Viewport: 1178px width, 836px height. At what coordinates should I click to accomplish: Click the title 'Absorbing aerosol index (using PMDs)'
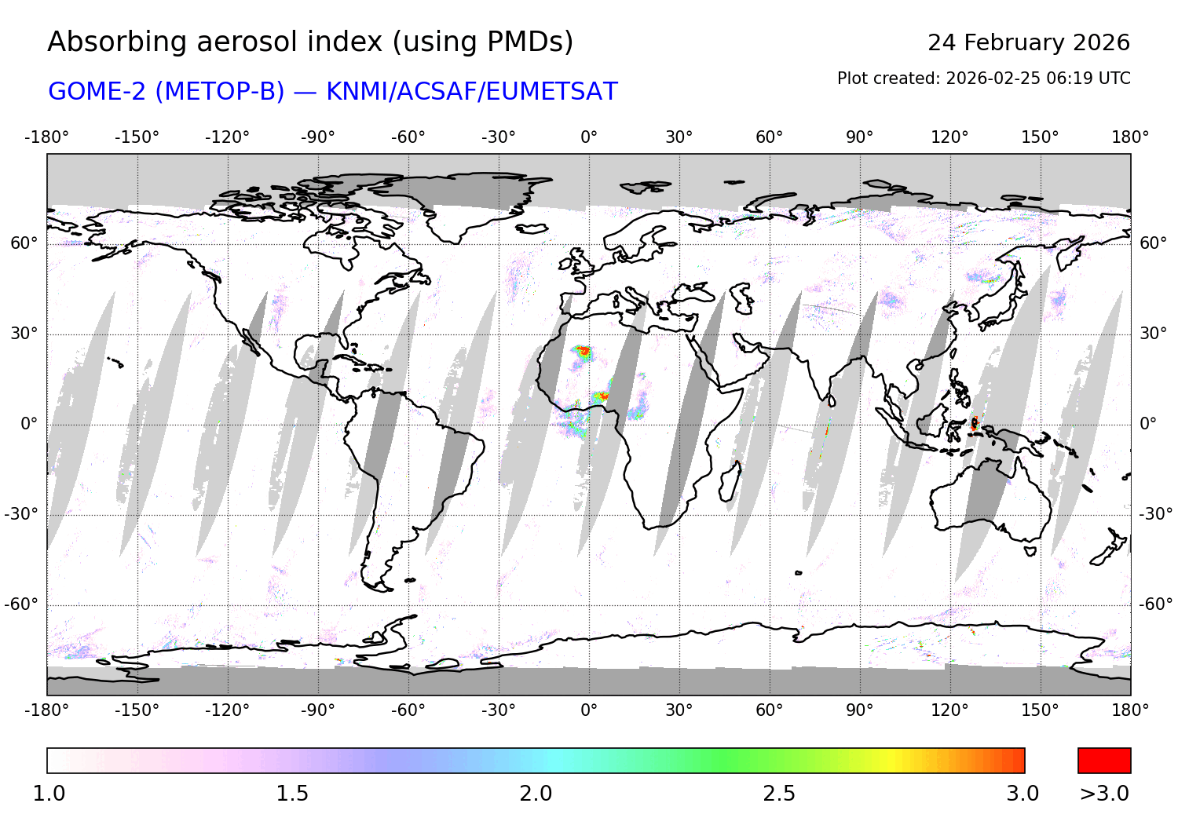coord(310,42)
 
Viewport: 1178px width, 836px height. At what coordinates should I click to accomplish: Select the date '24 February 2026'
coord(1028,42)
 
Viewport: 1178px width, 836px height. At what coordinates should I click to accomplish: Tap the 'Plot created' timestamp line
coord(983,78)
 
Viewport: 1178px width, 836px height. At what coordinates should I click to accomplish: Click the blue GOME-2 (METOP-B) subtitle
coord(333,92)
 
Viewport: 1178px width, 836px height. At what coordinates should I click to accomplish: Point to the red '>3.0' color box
coord(1103,761)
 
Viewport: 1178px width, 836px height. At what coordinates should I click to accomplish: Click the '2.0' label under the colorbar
coord(536,794)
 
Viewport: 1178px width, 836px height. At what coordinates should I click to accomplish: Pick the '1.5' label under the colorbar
coord(292,794)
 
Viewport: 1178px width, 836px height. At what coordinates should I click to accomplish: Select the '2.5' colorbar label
coord(779,794)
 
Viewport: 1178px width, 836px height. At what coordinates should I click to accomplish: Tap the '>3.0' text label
coord(1103,794)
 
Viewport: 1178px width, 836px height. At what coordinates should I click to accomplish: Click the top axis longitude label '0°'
coord(589,137)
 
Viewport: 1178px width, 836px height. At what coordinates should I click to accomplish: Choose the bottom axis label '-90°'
coord(317,710)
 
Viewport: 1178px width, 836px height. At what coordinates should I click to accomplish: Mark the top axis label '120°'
coord(949,137)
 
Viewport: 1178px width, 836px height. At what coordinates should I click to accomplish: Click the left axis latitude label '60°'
coord(24,243)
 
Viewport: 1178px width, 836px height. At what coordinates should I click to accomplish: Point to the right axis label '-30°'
coord(1156,514)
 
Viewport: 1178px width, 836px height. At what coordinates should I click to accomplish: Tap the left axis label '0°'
coord(29,424)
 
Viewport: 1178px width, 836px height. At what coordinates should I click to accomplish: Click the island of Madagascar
coord(730,481)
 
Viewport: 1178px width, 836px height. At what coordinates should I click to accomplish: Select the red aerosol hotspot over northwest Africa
coord(582,352)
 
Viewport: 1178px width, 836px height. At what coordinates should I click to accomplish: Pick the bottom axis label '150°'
coord(1040,710)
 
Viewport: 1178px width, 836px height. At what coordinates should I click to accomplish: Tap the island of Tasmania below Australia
coord(1030,550)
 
